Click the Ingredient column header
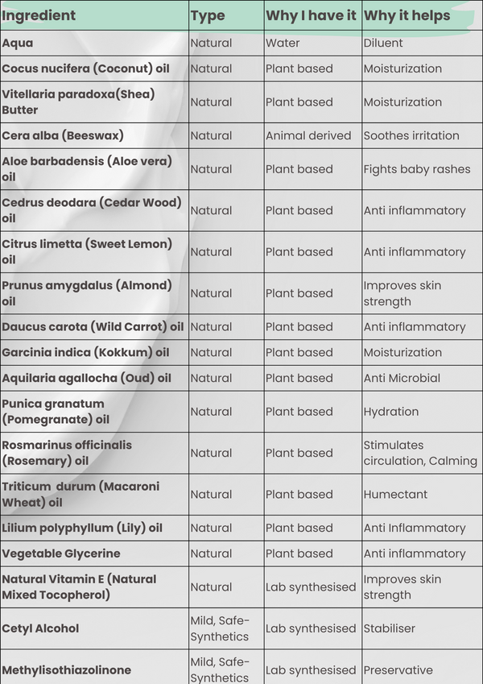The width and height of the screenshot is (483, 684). tap(39, 15)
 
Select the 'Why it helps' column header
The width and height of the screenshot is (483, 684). tap(407, 15)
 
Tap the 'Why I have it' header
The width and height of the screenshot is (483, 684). tap(311, 15)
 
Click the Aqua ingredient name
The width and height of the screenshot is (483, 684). tap(18, 43)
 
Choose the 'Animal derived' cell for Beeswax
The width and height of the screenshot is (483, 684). tap(308, 135)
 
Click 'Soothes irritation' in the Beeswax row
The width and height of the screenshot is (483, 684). tap(411, 135)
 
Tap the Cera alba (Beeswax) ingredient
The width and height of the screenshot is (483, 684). tap(63, 135)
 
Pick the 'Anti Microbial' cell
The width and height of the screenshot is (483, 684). tap(402, 378)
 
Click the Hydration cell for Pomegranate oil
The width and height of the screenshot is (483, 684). tap(391, 412)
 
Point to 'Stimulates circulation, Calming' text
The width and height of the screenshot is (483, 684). tap(413, 453)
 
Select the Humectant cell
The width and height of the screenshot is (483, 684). tap(395, 495)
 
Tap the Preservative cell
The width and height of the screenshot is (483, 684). tap(398, 669)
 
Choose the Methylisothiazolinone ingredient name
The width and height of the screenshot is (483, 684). tap(66, 669)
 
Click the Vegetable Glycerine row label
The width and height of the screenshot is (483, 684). tap(61, 553)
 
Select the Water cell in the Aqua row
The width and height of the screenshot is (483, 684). tap(283, 43)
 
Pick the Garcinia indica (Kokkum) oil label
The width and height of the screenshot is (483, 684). tap(85, 352)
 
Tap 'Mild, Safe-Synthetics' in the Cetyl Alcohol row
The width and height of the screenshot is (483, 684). tap(220, 628)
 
